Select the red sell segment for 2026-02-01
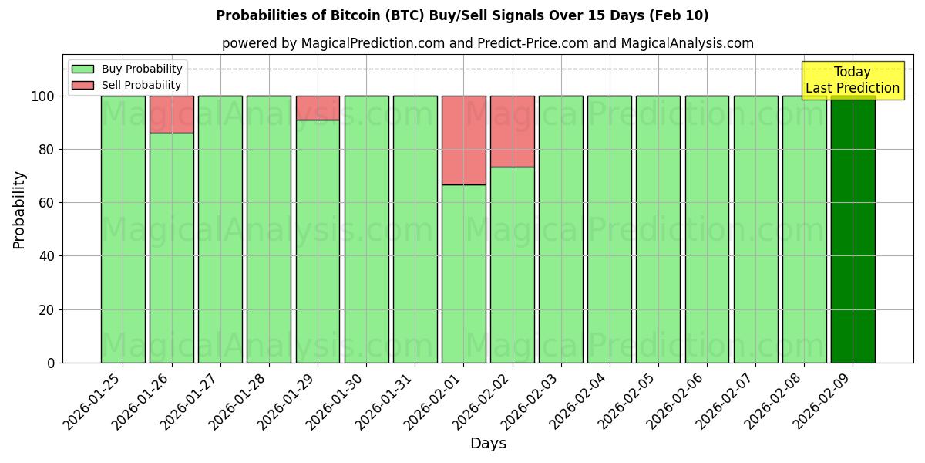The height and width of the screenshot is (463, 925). click(x=464, y=140)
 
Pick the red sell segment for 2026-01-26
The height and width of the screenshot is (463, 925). click(x=171, y=114)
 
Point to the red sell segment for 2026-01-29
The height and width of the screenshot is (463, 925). click(x=318, y=108)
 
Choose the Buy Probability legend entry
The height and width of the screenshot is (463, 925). click(x=128, y=69)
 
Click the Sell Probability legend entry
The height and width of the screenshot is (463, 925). click(x=128, y=85)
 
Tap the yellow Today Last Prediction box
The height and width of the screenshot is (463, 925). click(x=853, y=80)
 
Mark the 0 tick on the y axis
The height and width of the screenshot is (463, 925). click(x=50, y=363)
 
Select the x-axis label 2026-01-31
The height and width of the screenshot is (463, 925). click(x=385, y=405)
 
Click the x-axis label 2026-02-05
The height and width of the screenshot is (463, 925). click(x=627, y=405)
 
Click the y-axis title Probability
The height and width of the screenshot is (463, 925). click(x=19, y=210)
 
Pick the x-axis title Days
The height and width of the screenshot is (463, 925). click(x=488, y=444)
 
